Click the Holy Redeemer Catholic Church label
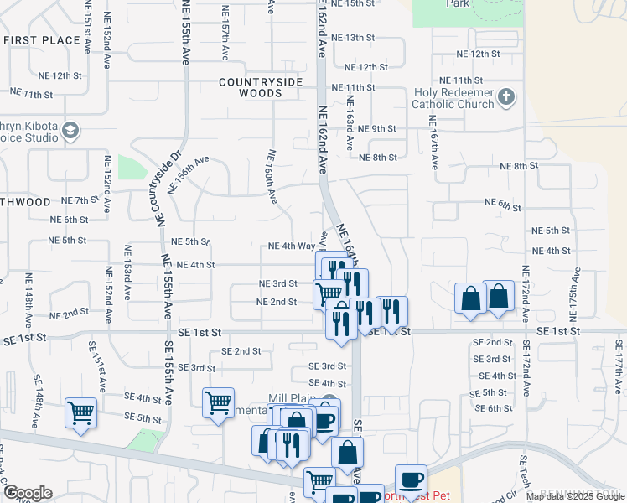click(453, 99)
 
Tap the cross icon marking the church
click(505, 98)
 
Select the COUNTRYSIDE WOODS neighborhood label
click(262, 87)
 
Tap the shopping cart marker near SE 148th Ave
click(80, 412)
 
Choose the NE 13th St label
click(352, 38)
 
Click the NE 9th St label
click(376, 128)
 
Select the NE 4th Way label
click(291, 246)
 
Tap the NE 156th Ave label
click(189, 174)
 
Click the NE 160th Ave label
click(272, 176)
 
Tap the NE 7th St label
click(80, 201)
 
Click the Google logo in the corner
click(28, 493)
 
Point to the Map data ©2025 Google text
click(574, 496)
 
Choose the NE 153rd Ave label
click(128, 273)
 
